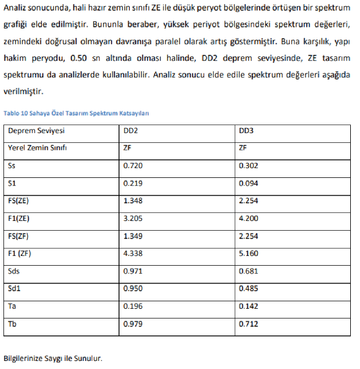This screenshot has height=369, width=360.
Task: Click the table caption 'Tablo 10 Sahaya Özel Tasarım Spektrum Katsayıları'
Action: coord(76,114)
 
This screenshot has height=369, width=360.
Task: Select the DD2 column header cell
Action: coord(130,131)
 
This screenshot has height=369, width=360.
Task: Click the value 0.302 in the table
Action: coord(248,166)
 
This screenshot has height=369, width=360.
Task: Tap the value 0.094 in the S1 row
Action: coord(248,184)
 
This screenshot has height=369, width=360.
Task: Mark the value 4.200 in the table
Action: coord(248,219)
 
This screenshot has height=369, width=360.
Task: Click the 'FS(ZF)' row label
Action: coord(19,236)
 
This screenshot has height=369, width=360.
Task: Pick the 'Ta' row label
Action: coord(12,306)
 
